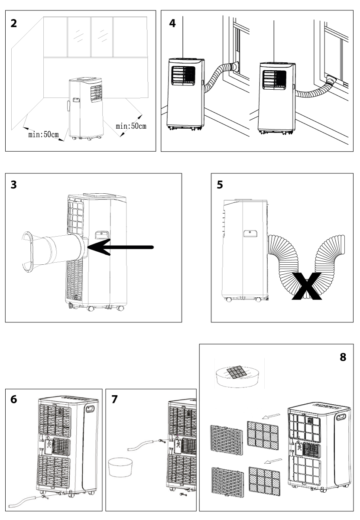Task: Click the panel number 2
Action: pos(15,23)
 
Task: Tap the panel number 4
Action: pos(172,23)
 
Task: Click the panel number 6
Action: pos(15,400)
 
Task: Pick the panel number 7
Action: pos(115,400)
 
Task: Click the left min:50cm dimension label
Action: pos(43,134)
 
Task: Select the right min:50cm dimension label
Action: pos(131,126)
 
